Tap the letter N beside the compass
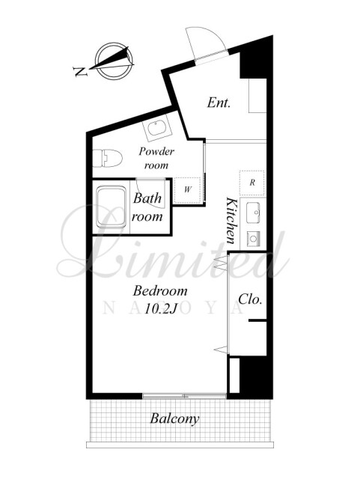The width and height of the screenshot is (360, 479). coord(81,72)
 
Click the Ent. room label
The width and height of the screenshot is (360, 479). coord(219,103)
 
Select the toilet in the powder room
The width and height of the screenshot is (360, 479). coord(108,158)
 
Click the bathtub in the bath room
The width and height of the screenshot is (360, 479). coord(112,207)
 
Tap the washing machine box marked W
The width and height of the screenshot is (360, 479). coord(187,191)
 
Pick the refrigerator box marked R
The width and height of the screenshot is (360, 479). coord(252,183)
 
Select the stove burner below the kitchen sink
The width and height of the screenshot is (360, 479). coord(253,238)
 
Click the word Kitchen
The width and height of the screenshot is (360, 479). coord(231,220)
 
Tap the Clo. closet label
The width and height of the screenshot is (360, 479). coord(250,299)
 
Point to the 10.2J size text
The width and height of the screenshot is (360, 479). coord(161,309)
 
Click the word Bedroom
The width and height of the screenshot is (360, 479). coord(160,291)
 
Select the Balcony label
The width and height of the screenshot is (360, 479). coord(174,418)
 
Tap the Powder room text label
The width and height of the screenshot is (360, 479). coord(156,158)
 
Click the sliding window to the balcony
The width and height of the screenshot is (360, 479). coord(184,396)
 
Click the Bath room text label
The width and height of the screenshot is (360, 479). coord(147,207)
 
